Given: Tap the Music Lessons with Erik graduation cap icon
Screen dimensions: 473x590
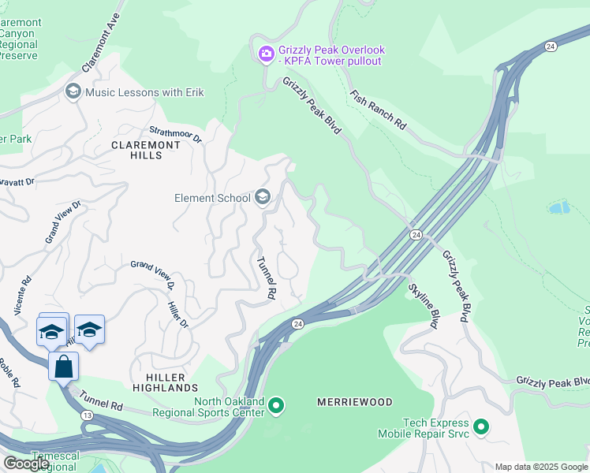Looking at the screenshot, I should click(74, 92).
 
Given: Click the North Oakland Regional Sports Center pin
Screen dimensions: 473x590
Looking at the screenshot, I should click(276, 406).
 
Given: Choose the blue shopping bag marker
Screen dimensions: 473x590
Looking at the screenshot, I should click(63, 366).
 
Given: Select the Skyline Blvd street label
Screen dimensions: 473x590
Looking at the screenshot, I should click(422, 305).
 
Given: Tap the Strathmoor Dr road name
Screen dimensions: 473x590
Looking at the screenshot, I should click(176, 134).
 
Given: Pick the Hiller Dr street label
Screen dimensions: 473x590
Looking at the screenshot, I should click(177, 313).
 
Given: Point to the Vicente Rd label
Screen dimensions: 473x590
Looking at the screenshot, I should click(22, 291).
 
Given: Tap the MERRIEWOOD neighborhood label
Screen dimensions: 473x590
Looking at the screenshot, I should click(354, 402).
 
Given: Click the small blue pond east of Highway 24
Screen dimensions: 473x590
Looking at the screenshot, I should click(558, 208).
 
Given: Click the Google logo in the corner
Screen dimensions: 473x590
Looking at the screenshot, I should click(26, 464).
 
